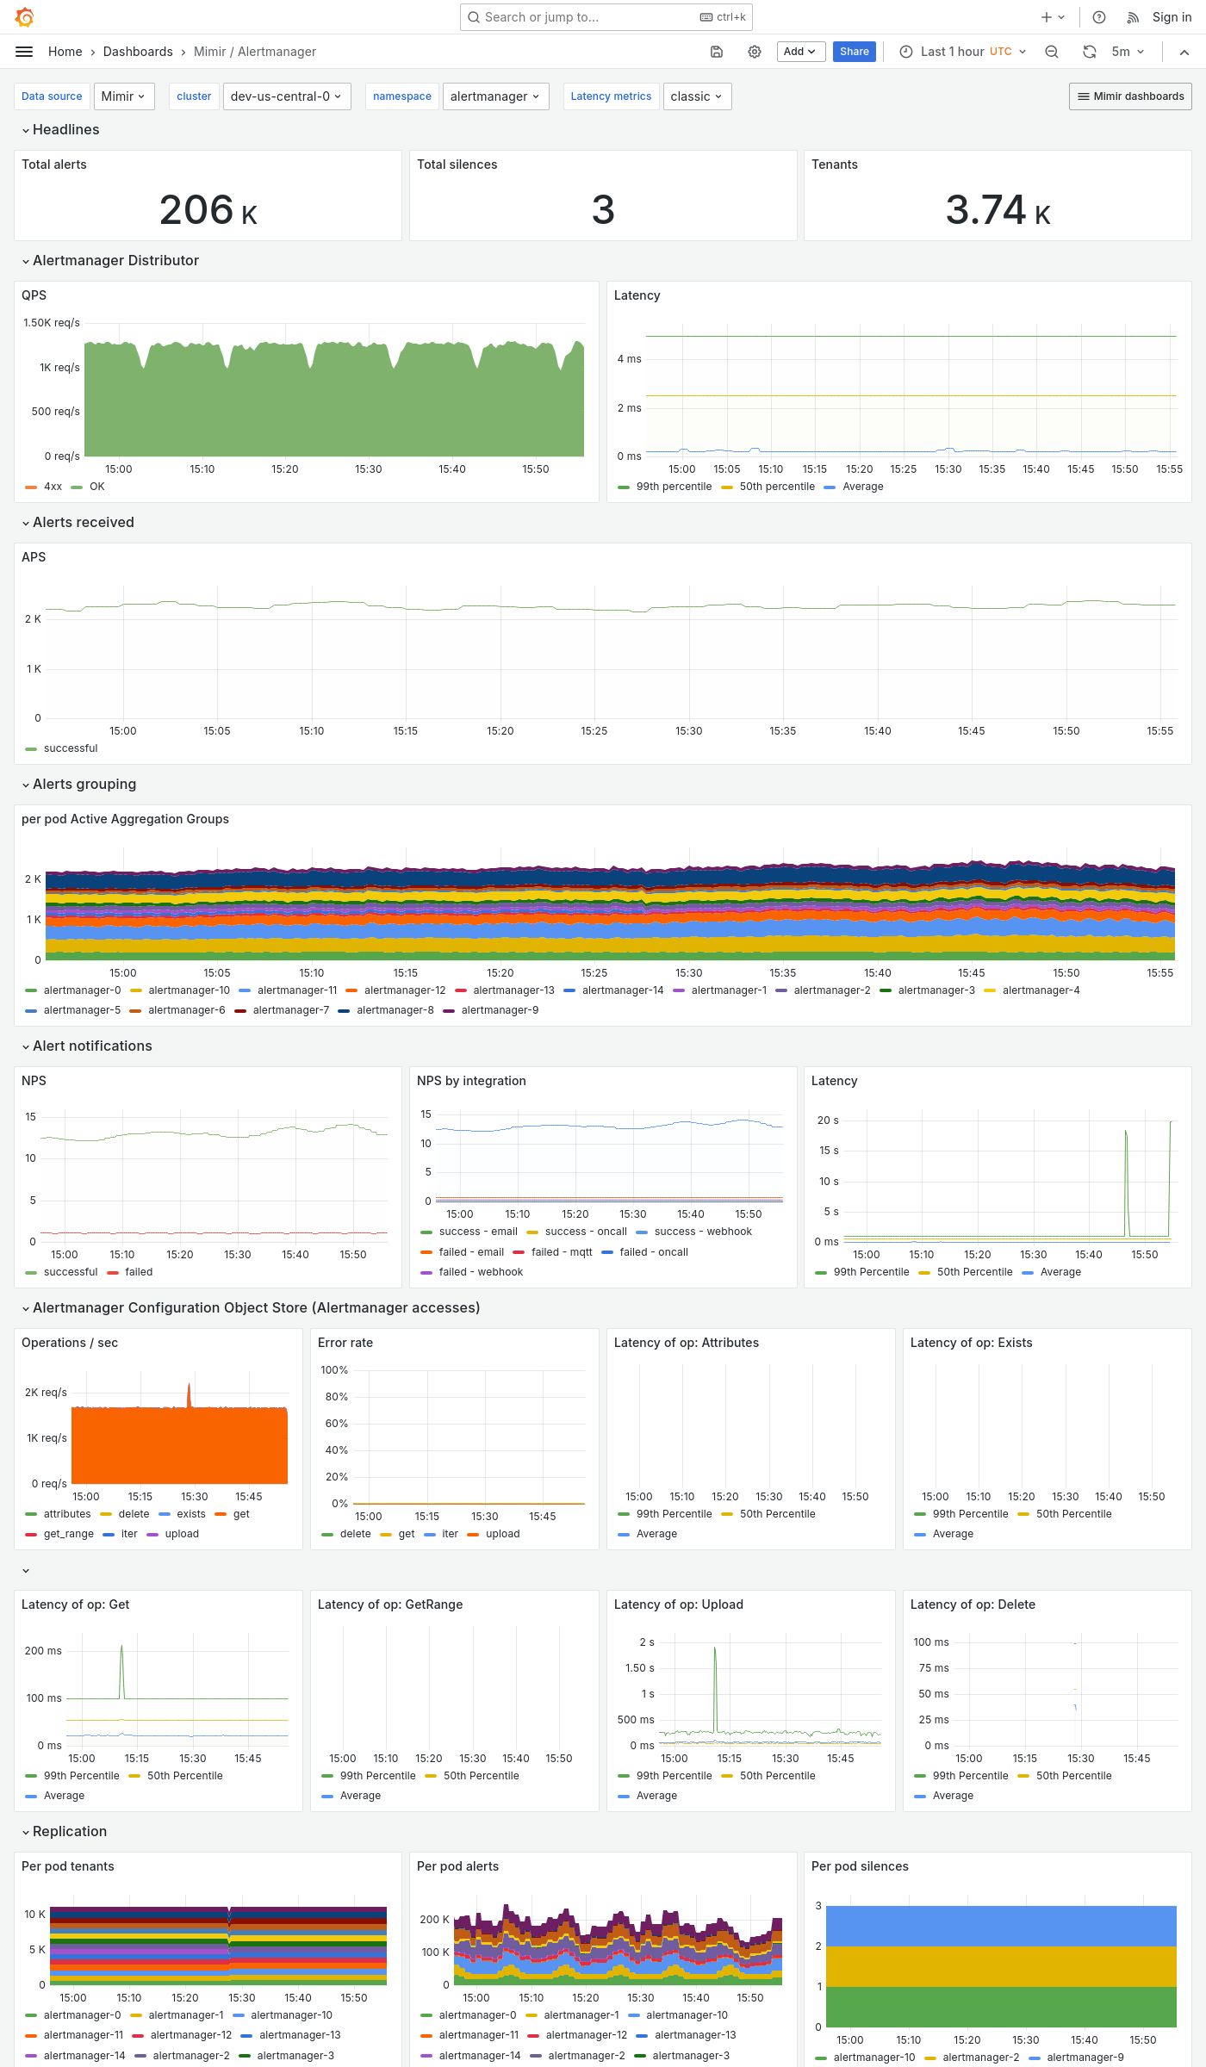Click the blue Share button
point(854,52)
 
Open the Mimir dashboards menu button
point(1130,96)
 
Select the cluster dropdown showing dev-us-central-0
point(285,96)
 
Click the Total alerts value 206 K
point(208,210)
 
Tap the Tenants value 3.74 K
point(998,210)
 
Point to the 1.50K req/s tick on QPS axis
point(52,323)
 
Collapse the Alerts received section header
point(83,523)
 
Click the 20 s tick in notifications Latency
point(828,1120)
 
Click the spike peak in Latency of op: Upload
point(715,1648)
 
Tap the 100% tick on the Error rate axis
point(334,1370)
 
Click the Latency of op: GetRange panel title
point(390,1605)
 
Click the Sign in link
point(1172,17)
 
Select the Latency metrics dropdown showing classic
point(696,96)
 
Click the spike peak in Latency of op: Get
point(121,1646)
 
